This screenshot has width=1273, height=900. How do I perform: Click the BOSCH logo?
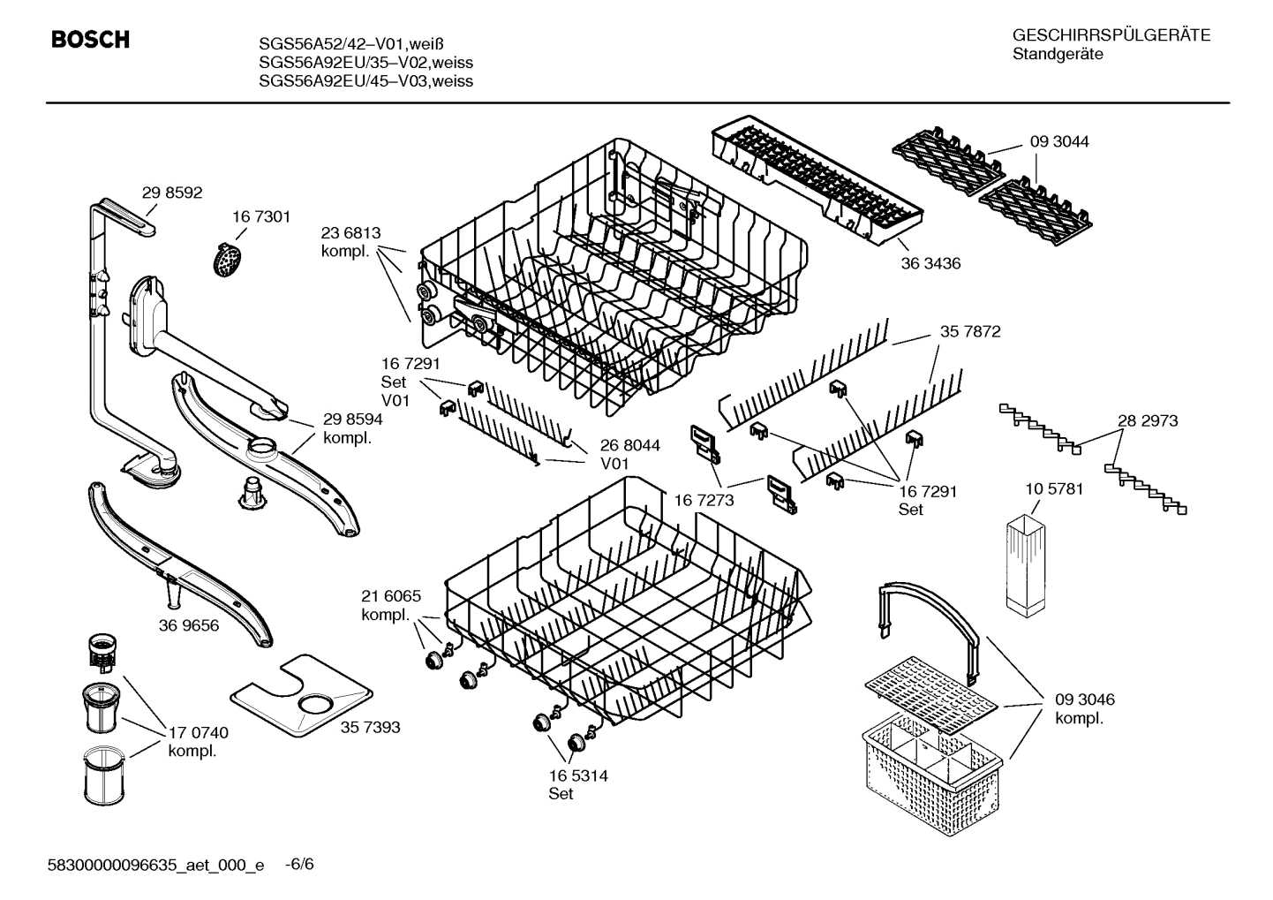[x=90, y=40]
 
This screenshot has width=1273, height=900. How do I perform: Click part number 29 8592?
[x=172, y=192]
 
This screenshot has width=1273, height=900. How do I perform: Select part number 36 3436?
[x=930, y=263]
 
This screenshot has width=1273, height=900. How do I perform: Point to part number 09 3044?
[x=1058, y=141]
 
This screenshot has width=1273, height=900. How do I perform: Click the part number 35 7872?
[x=970, y=331]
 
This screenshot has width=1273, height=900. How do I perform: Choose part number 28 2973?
[x=1148, y=420]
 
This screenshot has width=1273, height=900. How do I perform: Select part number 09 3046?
[x=1084, y=700]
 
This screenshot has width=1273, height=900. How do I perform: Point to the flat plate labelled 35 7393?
[x=300, y=697]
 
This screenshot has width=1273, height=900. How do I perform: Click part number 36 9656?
[x=189, y=625]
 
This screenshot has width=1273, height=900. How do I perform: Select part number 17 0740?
[x=198, y=732]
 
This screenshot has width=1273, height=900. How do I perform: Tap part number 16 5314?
[x=578, y=775]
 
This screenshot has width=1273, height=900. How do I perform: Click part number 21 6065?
[x=391, y=596]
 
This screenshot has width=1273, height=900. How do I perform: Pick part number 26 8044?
[x=630, y=445]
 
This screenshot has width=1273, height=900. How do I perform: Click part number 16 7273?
[x=704, y=500]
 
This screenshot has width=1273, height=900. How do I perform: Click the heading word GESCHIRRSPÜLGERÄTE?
[x=1111, y=35]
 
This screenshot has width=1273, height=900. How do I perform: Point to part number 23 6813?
[x=350, y=233]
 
